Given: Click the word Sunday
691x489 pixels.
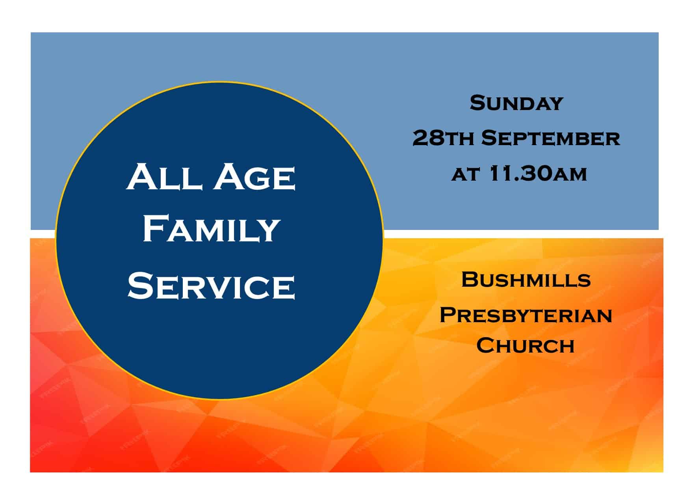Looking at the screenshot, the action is click(x=516, y=103).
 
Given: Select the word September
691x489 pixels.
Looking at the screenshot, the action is click(x=551, y=138).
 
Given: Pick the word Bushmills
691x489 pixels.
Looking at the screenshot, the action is click(x=526, y=280).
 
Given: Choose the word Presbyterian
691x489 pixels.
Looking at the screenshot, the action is click(x=526, y=315).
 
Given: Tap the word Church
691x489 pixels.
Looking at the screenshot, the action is click(x=525, y=345).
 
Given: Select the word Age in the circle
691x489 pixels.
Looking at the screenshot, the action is click(x=256, y=179).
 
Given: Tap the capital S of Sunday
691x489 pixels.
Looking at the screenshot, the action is click(x=477, y=103).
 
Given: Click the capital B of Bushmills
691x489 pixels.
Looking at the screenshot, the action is click(x=470, y=280).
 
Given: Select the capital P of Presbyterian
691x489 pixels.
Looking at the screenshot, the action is click(x=448, y=315).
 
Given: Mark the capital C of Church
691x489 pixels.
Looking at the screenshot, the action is click(x=485, y=345).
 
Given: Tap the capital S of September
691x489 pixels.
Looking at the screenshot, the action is click(x=489, y=138).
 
